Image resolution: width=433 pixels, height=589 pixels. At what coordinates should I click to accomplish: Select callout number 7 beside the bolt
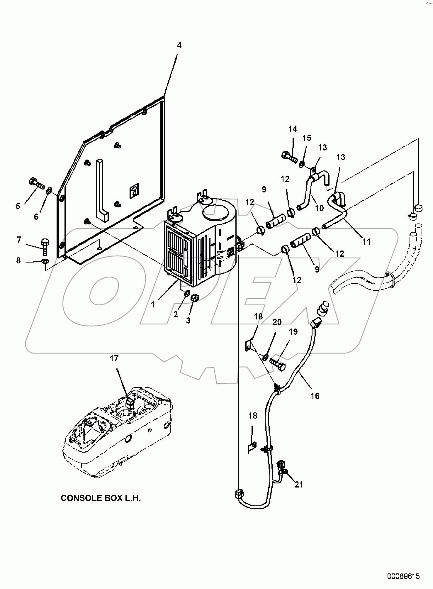(19, 240)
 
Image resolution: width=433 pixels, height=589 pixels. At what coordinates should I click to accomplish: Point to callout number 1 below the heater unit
(152, 304)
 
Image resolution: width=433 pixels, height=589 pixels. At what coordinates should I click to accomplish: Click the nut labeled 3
(194, 298)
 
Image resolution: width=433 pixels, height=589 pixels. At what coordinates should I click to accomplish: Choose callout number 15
(307, 138)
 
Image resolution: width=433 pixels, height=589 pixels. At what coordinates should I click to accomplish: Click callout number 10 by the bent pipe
(319, 208)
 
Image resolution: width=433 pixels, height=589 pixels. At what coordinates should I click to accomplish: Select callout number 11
(366, 241)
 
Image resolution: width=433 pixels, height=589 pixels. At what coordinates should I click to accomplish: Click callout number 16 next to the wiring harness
(315, 396)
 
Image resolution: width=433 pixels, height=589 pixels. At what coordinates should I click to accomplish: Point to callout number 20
(277, 322)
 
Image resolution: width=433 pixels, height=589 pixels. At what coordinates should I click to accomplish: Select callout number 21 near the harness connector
(298, 485)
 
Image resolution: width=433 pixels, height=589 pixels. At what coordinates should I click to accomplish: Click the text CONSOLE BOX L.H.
(101, 498)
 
